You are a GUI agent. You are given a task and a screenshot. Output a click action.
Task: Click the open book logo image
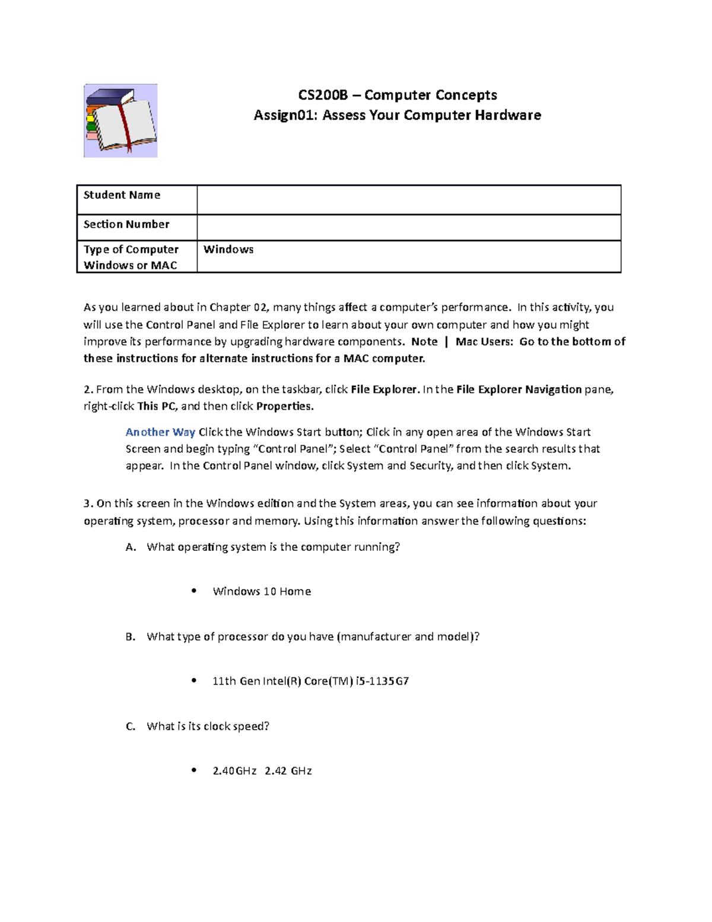(120, 121)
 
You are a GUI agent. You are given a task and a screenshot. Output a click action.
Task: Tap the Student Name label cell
(122, 195)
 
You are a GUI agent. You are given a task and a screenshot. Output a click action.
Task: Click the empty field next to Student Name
(408, 199)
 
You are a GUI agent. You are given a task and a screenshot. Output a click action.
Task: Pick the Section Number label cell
(126, 224)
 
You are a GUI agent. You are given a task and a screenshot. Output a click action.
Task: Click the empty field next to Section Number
(408, 227)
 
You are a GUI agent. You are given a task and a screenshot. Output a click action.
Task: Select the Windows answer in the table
(228, 249)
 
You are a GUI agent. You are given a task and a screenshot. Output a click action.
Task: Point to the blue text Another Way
(160, 432)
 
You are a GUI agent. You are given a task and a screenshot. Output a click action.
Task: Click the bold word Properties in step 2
(284, 407)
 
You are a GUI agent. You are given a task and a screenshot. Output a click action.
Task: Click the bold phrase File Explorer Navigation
(519, 389)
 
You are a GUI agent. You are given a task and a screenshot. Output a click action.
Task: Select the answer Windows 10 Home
(262, 591)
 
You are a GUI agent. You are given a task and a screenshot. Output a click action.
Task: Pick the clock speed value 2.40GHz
(234, 771)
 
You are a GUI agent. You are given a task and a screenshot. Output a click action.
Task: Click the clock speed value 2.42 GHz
(288, 771)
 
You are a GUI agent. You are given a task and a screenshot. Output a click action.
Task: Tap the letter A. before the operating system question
(131, 547)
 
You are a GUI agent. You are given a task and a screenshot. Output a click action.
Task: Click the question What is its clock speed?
(208, 726)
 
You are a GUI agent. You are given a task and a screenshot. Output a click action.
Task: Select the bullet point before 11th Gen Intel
(194, 680)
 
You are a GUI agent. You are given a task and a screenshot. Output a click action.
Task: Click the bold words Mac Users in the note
(484, 342)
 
